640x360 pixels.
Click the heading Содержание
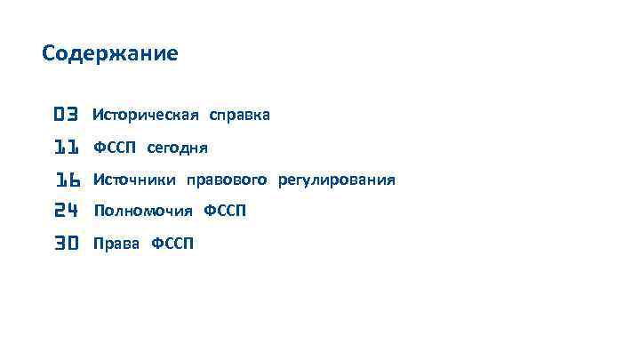110,54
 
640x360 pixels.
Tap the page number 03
67,115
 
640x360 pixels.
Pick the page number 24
67,212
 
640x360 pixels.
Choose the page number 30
67,244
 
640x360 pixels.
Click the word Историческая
147,116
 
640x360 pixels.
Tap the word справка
239,116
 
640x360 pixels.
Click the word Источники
135,180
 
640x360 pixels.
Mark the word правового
226,181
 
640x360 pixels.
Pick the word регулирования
336,181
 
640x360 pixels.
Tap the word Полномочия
143,212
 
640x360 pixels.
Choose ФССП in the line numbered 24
225,212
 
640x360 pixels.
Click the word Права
116,244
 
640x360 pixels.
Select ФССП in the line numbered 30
172,244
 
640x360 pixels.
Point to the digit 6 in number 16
74,180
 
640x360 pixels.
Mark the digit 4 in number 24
74,212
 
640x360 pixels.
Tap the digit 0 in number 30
74,244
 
